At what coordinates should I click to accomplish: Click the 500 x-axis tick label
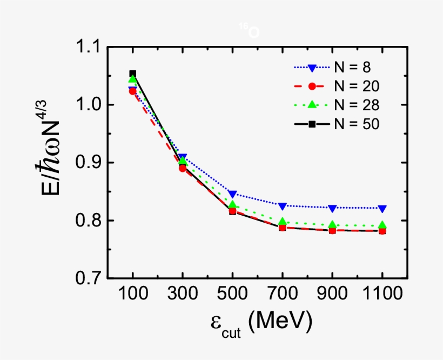tap(232, 295)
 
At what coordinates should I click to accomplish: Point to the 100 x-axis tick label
tap(132, 295)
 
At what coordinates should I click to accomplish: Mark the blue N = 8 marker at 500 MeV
tap(232, 194)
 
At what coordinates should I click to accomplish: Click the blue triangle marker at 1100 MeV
tap(382, 209)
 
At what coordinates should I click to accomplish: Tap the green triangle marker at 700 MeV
tap(282, 221)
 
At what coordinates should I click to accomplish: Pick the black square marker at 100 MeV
tap(132, 74)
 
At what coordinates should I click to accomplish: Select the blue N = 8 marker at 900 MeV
tap(332, 208)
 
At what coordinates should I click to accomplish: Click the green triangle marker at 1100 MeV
tap(382, 225)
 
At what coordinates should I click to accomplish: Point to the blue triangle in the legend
tap(312, 68)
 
